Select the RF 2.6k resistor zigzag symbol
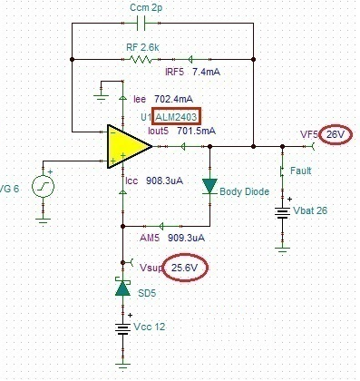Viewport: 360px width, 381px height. (x=141, y=59)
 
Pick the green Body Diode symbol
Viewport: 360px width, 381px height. (x=209, y=187)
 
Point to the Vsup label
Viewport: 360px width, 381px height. (x=151, y=269)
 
